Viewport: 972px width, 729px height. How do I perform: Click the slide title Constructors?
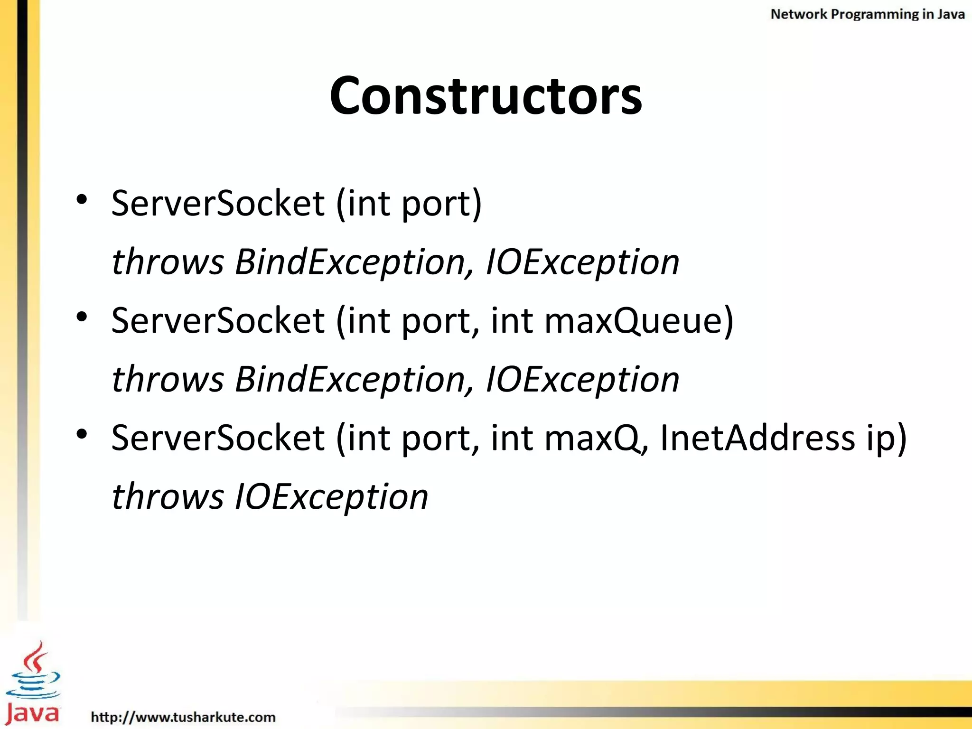tap(486, 96)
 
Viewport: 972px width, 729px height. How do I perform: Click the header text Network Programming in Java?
tap(867, 14)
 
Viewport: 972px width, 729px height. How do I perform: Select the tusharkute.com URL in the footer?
tap(183, 717)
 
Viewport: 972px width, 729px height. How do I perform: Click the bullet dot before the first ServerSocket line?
tap(82, 199)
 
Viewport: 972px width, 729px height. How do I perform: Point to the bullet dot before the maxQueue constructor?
tap(82, 317)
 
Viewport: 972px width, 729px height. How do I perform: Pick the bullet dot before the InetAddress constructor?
tap(82, 434)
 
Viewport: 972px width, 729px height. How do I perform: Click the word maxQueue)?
tap(639, 321)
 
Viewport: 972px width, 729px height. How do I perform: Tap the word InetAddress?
tap(757, 438)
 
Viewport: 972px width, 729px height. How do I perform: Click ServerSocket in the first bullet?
tap(218, 203)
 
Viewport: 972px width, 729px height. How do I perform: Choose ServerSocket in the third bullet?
tap(218, 438)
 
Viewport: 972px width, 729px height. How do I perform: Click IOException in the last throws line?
tap(332, 496)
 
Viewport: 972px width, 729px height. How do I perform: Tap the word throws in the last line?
tap(168, 496)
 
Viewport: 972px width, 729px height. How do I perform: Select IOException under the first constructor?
tap(582, 262)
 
